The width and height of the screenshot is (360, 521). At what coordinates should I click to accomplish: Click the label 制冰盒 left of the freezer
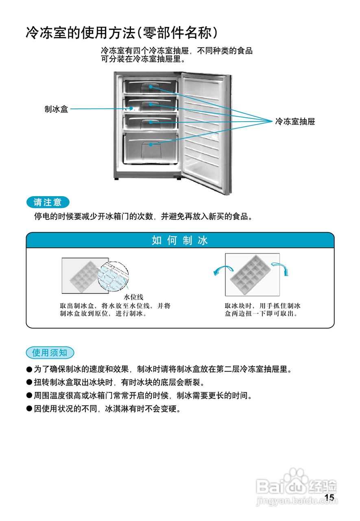56,109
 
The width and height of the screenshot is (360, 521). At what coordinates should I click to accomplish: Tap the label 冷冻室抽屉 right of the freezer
295,121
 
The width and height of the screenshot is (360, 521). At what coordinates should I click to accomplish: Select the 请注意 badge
48,202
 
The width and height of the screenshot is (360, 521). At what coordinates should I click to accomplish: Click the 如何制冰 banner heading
180,240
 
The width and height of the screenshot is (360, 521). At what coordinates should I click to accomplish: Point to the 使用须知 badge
50,352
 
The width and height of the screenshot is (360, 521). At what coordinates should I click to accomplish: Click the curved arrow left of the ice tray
223,270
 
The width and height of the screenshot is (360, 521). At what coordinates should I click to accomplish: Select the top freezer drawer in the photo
151,86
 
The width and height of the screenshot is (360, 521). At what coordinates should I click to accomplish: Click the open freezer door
205,130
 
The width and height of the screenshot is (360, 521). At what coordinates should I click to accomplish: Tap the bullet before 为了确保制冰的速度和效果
29,370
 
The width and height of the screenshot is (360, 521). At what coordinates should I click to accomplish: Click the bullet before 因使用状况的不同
29,408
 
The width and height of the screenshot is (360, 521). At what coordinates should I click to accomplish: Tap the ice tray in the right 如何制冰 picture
249,274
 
